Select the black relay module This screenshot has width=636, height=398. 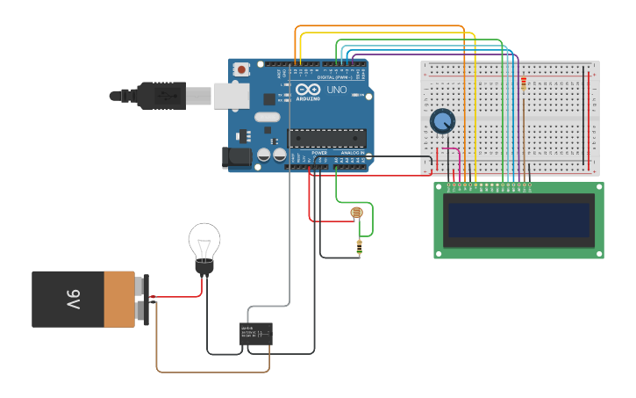(256, 334)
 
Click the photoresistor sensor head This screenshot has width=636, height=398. (356, 213)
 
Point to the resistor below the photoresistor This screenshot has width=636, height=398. (359, 248)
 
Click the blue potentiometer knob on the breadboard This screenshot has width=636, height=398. (442, 120)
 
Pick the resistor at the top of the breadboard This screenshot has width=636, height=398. (524, 84)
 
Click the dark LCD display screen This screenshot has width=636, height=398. (518, 220)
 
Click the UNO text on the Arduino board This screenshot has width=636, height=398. (337, 90)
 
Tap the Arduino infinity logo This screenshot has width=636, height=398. (308, 90)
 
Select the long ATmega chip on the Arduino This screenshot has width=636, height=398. (327, 137)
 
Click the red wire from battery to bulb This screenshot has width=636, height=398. (180, 297)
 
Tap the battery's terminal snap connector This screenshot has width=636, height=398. (142, 299)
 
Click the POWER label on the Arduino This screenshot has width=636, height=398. (319, 152)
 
